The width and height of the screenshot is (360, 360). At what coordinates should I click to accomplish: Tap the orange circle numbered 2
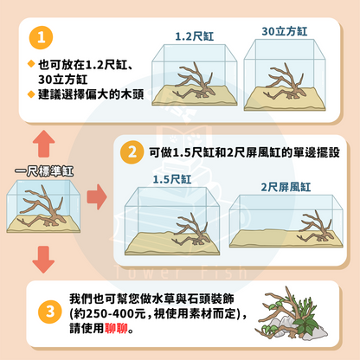pos(132,151)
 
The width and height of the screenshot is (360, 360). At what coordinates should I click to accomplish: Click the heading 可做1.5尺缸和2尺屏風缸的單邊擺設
pos(241,152)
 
